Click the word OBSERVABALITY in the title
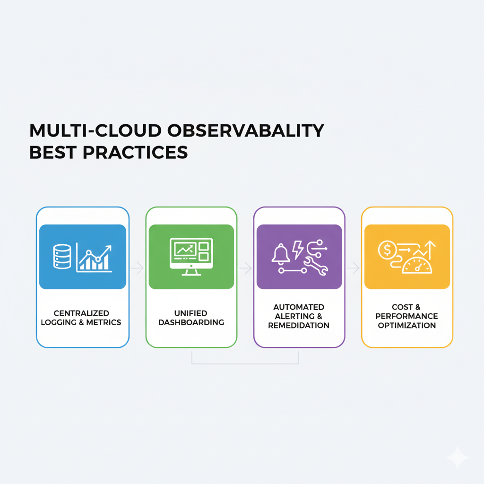point(246,130)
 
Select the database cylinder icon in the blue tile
point(62,256)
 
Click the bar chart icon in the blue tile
point(94,258)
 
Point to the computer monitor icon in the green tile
point(191,257)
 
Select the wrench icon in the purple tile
point(315,266)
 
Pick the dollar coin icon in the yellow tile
point(387,250)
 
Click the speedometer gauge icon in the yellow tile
point(417,266)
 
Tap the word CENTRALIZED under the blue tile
point(81,313)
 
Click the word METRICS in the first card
point(104,322)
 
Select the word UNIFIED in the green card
point(191,313)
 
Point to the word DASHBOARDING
point(191,322)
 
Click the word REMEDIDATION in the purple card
point(299,325)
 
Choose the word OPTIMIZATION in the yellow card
point(407,325)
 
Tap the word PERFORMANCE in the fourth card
point(407,316)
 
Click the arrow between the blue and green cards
point(138,268)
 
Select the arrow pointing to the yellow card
point(353,268)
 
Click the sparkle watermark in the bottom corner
point(458,457)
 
